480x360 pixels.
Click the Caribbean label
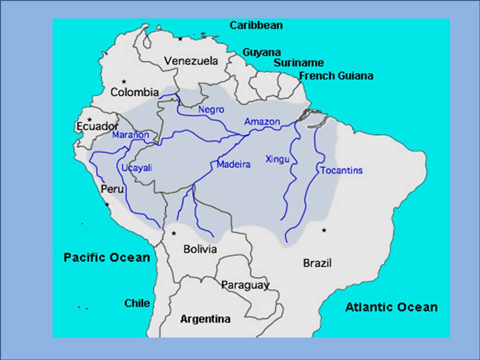(x=256, y=25)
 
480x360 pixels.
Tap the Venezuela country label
(x=191, y=61)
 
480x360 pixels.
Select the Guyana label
(x=261, y=52)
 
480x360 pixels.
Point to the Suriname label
(x=298, y=63)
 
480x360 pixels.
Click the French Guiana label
(x=336, y=76)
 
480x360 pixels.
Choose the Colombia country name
(x=134, y=92)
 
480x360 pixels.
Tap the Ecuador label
(x=97, y=126)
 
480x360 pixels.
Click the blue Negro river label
(x=211, y=109)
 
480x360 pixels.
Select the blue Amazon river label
(x=262, y=121)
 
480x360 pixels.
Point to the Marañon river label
(x=130, y=135)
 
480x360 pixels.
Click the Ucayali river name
(x=136, y=168)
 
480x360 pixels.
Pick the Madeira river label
(x=233, y=164)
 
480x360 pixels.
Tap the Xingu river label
(x=277, y=159)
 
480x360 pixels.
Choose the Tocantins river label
(x=341, y=170)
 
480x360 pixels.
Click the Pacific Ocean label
(x=107, y=257)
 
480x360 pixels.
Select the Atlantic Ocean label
(x=391, y=307)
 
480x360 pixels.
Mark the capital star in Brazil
(x=324, y=230)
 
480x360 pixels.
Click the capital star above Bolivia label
(x=173, y=233)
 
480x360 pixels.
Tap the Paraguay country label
(x=245, y=285)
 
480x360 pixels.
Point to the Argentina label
(x=205, y=319)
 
